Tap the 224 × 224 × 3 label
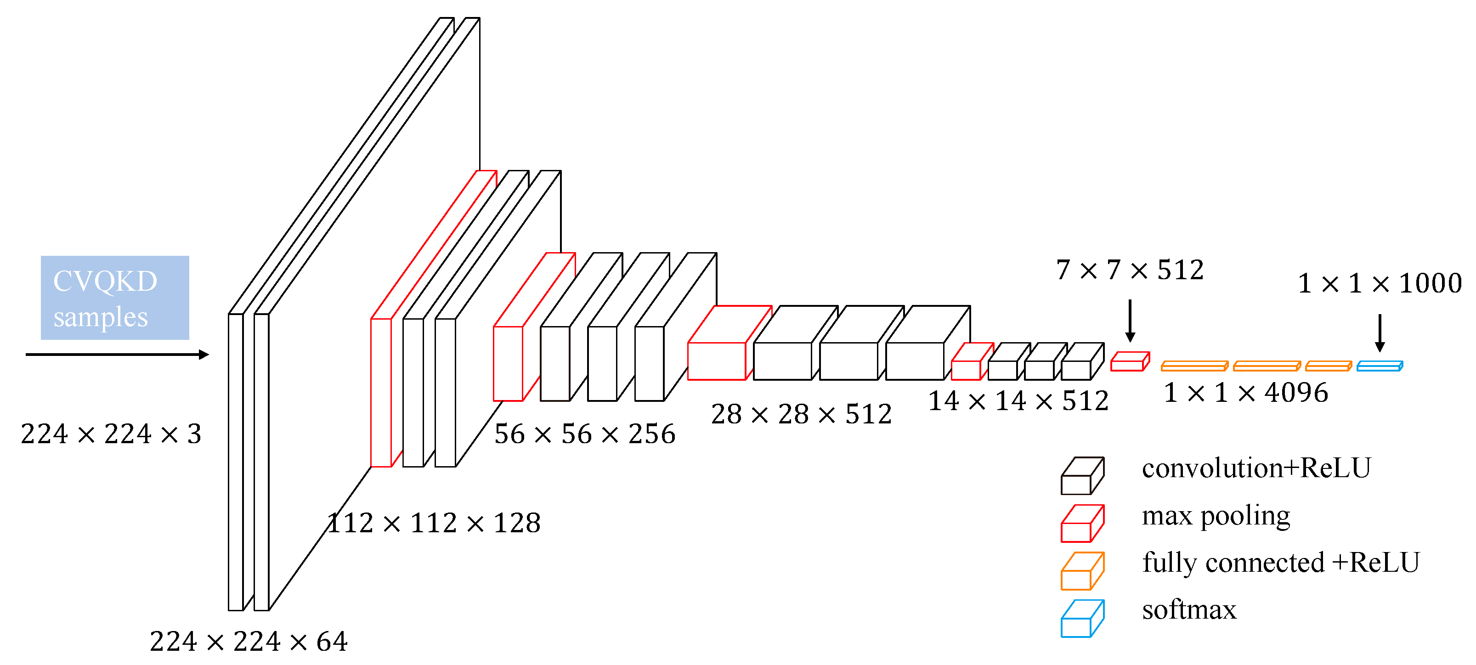click(x=111, y=434)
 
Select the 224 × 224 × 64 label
click(x=249, y=641)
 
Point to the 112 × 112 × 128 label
click(x=434, y=522)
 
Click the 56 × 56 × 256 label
click(x=585, y=434)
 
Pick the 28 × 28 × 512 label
click(x=802, y=413)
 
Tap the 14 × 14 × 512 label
click(x=1018, y=400)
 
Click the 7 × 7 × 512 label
click(x=1130, y=269)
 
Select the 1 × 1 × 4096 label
click(x=1246, y=392)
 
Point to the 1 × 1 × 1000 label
click(x=1380, y=283)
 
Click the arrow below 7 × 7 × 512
click(x=1130, y=321)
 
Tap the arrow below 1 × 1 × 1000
click(x=1380, y=332)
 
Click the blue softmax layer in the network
click(x=1379, y=366)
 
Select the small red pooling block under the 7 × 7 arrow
click(x=1129, y=362)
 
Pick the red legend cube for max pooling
click(x=1082, y=524)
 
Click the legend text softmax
click(x=1189, y=609)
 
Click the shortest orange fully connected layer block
click(x=1328, y=366)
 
